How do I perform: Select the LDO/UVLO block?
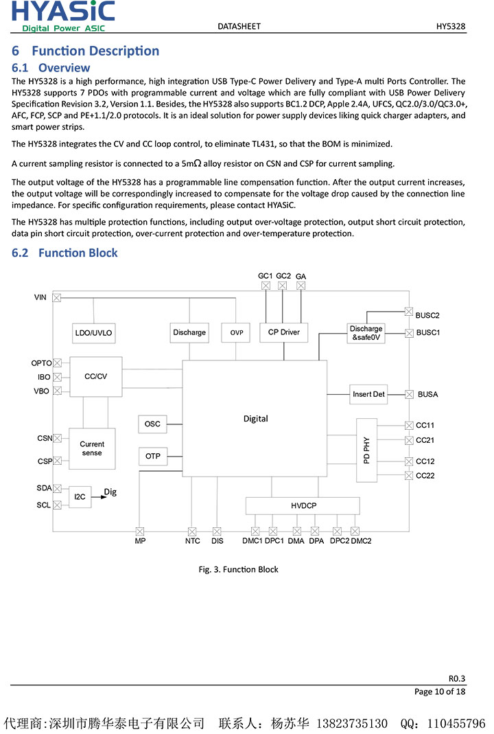93,333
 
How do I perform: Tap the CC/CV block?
96,376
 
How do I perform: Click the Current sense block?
92,448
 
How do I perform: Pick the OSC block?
152,424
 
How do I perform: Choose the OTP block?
152,456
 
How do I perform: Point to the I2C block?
80,496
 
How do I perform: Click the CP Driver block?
284,332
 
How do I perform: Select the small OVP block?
237,333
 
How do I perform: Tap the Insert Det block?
368,394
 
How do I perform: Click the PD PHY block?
366,450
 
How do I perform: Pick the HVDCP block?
303,506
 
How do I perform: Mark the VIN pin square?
57,297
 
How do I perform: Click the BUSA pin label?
427,395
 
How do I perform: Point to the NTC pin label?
193,541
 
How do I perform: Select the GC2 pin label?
283,275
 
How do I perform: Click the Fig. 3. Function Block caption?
238,569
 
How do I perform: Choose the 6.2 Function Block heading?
65,253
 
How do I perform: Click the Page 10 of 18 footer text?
440,691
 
